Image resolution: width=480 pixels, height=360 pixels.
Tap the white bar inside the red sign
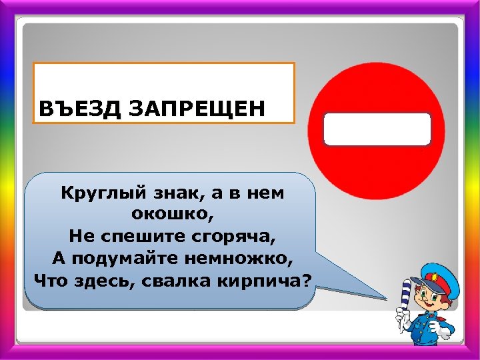tap(377, 129)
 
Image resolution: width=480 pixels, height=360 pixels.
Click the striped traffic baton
tap(405, 303)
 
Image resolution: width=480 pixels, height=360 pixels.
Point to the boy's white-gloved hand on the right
tap(441, 327)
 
